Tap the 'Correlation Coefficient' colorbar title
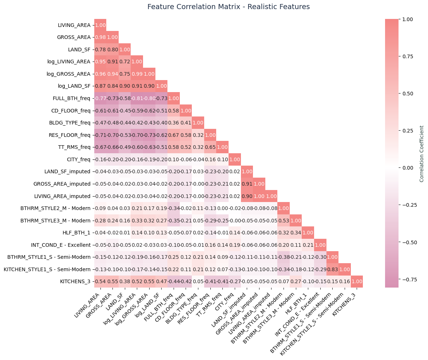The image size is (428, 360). point(421,154)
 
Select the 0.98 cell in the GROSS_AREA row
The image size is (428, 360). point(100,37)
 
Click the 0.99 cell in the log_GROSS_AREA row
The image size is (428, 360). point(137,74)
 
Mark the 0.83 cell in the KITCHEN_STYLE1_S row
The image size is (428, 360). point(332,270)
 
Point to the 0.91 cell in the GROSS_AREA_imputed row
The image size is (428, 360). point(247,184)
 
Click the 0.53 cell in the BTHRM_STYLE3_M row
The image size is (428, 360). point(284,221)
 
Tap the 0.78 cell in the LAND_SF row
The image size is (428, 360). point(100,50)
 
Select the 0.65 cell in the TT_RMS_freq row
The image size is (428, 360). point(210,147)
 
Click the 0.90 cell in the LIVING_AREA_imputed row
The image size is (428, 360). point(247,196)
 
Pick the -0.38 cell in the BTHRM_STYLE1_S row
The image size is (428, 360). point(284,257)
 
